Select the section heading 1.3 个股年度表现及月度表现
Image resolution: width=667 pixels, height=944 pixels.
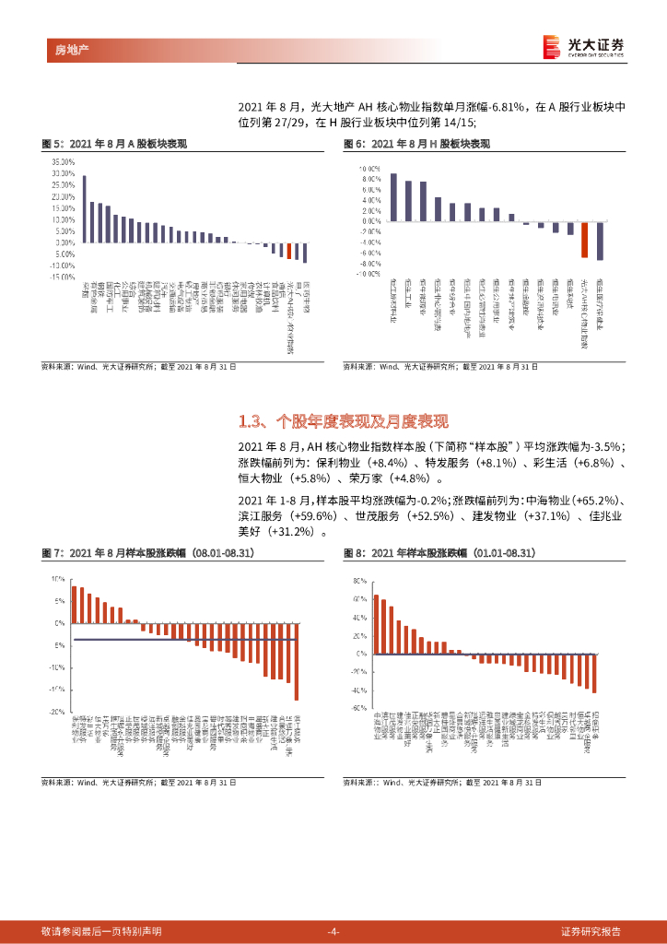(x=343, y=422)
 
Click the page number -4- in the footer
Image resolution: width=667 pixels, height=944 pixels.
(x=333, y=931)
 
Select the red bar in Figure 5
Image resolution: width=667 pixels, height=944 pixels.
(x=289, y=251)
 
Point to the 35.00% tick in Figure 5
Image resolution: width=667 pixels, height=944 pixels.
(x=63, y=161)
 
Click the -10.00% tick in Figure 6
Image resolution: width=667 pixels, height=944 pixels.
(x=368, y=274)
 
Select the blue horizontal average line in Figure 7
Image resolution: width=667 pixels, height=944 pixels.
(x=184, y=639)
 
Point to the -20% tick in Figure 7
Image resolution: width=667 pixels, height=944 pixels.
(x=56, y=712)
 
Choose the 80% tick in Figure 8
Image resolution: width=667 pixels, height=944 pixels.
(x=359, y=582)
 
